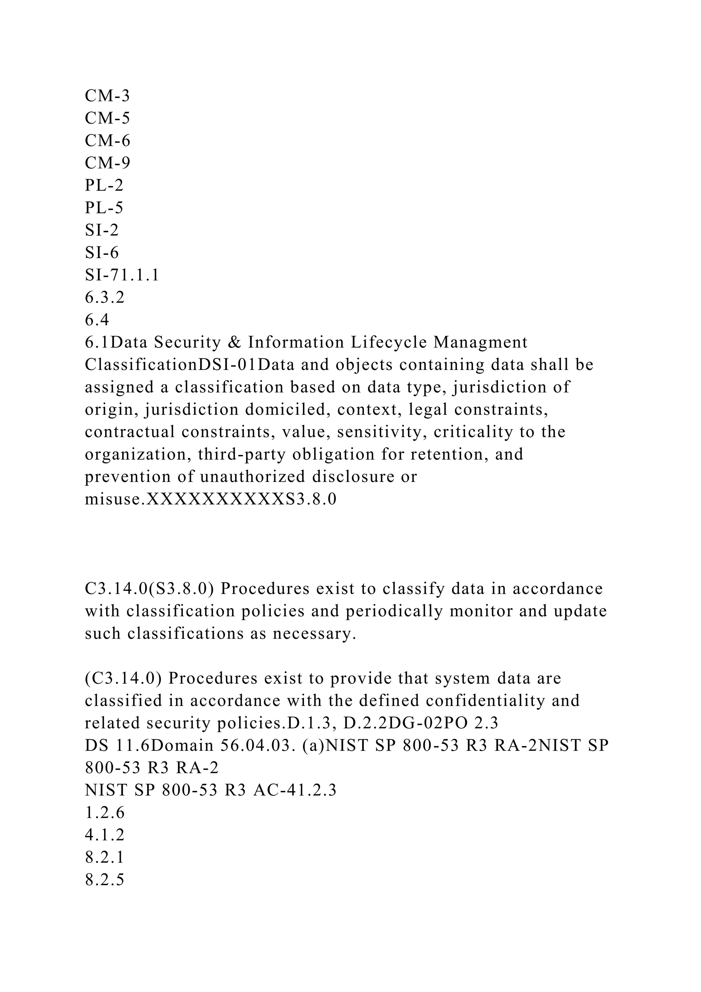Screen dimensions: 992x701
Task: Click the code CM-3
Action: coord(107,96)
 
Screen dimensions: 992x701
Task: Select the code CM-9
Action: coord(107,163)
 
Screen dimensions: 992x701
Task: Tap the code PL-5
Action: coord(104,208)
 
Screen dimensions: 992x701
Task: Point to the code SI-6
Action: coord(101,253)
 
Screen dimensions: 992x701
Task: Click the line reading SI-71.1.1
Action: coord(122,275)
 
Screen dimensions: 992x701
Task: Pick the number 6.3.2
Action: coord(104,298)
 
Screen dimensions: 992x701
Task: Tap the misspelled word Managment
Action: coord(481,343)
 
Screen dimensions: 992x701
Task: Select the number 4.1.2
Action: coord(104,835)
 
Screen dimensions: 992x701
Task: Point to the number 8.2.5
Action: coord(104,880)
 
